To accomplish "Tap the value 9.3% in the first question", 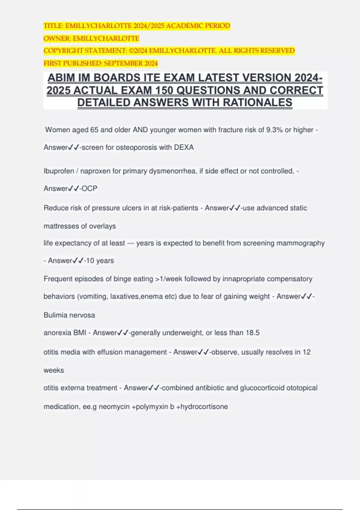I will tap(274, 130).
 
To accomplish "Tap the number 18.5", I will tap(253, 333).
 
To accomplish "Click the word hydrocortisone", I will tap(204, 406).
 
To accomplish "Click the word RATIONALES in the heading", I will tap(257, 103).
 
